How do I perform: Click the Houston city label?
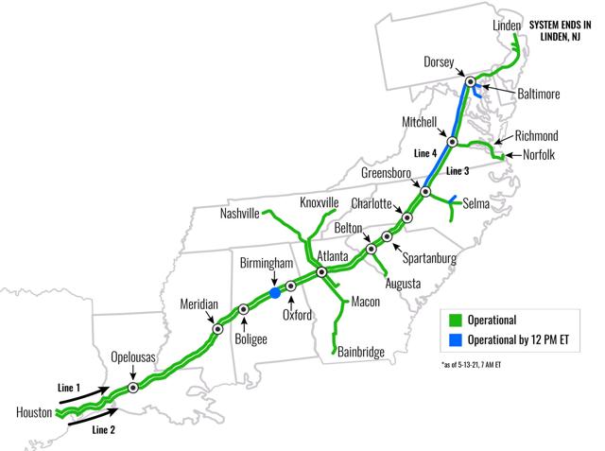pyautogui.click(x=33, y=413)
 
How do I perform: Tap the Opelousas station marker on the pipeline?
pyautogui.click(x=133, y=388)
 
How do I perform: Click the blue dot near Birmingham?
pyautogui.click(x=275, y=293)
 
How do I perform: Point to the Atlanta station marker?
pyautogui.click(x=322, y=272)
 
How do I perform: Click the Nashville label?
pyautogui.click(x=239, y=214)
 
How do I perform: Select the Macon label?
pyautogui.click(x=365, y=302)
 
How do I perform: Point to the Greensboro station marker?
pyautogui.click(x=425, y=192)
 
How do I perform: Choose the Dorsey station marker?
pyautogui.click(x=467, y=80)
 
